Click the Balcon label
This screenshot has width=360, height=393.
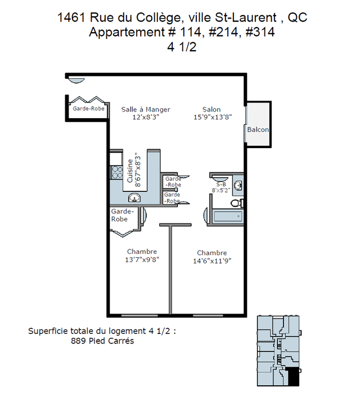(258, 129)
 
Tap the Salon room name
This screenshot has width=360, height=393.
(211, 109)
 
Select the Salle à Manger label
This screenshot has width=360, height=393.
(146, 110)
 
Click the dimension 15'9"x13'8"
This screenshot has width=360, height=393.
(213, 117)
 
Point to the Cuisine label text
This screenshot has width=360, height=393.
(130, 171)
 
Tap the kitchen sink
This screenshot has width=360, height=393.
(134, 198)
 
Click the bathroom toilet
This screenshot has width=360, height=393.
(237, 203)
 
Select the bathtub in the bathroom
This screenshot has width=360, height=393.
(228, 216)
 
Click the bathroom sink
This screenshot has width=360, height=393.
(238, 186)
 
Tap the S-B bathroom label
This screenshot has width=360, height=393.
(221, 185)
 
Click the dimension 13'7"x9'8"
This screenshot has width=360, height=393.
(142, 260)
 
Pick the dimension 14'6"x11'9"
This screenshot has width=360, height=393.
(212, 261)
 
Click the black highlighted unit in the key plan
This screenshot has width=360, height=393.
(292, 377)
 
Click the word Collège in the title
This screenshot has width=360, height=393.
(158, 18)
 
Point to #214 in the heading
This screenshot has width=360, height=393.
(223, 32)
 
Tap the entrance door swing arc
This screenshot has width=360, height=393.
(76, 81)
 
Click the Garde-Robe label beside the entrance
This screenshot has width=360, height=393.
(88, 109)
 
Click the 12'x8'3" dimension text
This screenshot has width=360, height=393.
(146, 117)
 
